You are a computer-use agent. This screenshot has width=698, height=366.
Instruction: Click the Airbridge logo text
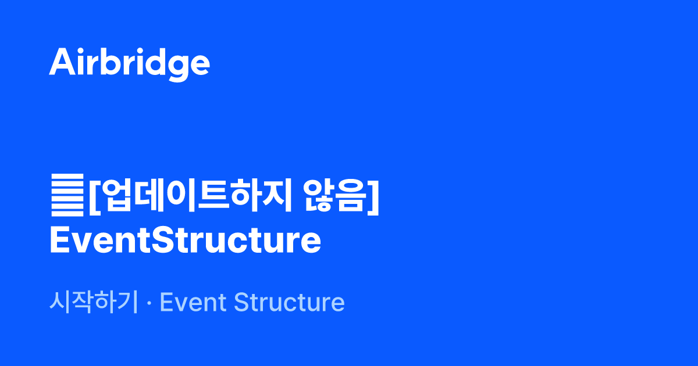129,64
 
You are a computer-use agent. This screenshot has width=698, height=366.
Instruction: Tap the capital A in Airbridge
62,62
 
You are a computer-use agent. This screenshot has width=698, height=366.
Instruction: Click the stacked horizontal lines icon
67,195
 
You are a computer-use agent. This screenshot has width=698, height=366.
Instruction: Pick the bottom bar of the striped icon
67,214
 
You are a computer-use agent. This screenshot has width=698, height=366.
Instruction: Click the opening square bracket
95,198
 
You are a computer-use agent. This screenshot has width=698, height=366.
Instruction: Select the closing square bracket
373,198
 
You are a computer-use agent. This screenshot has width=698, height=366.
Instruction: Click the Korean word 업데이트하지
197,196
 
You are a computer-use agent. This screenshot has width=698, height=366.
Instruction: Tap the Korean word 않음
335,196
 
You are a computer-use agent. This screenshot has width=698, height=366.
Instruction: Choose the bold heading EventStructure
186,241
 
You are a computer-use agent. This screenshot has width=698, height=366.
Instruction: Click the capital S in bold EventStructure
163,240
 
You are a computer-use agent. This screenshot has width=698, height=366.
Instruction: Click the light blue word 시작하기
94,302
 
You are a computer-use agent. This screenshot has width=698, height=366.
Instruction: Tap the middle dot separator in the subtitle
149,303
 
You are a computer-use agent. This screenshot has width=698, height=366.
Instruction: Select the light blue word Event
193,302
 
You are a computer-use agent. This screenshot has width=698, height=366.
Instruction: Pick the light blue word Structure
289,302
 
